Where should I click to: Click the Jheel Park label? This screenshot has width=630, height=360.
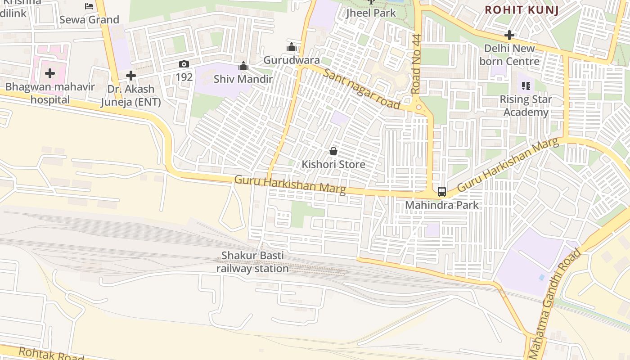click(371, 13)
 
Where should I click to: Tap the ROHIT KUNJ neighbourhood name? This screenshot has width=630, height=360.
click(522, 10)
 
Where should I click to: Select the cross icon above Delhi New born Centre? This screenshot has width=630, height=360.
click(509, 35)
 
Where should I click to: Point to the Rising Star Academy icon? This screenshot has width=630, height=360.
click(526, 85)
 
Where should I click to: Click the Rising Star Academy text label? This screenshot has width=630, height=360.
click(526, 106)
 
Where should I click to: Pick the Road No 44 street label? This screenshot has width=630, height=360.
click(415, 64)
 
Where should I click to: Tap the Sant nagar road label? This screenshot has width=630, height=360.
click(361, 90)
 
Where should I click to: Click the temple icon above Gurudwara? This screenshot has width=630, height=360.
click(291, 47)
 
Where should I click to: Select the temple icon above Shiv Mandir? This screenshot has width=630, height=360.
click(243, 66)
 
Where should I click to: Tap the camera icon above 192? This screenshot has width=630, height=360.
click(184, 64)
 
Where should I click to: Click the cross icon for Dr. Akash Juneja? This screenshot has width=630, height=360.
click(131, 76)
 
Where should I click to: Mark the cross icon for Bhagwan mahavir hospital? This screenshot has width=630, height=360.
click(50, 73)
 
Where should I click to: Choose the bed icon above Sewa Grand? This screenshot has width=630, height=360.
click(89, 6)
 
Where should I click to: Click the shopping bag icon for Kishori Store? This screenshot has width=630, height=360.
click(333, 151)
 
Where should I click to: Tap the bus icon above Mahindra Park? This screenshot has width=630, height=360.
click(442, 192)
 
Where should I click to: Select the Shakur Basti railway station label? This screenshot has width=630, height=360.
click(252, 262)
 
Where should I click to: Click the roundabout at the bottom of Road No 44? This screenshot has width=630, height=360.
click(418, 107)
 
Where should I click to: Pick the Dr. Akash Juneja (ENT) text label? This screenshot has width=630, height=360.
click(130, 95)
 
